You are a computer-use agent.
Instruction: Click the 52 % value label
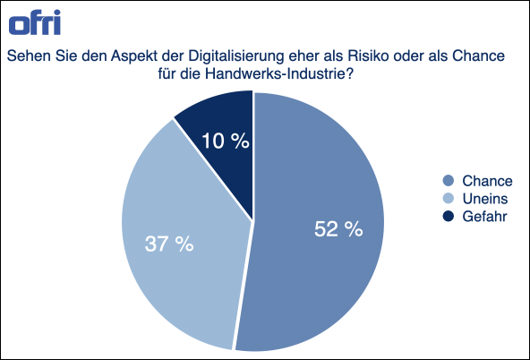[x=338, y=229]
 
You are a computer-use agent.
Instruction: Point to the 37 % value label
[x=169, y=244]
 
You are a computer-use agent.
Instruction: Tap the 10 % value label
[x=225, y=141]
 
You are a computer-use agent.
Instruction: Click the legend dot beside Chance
[x=449, y=180]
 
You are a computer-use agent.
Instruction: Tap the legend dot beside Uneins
[x=449, y=198]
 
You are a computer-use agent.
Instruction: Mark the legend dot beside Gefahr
[x=449, y=216]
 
